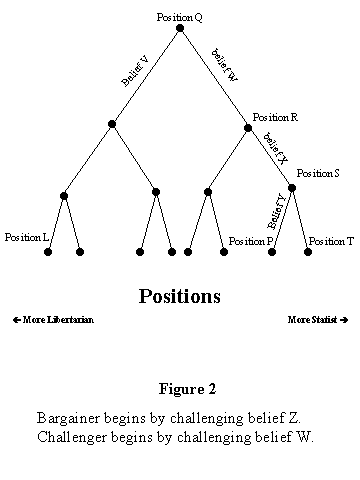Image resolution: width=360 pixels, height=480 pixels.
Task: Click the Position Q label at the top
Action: click(x=180, y=17)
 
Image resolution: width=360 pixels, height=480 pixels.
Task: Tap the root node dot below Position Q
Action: click(x=180, y=28)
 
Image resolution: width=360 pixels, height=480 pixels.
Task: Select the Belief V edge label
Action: click(x=135, y=71)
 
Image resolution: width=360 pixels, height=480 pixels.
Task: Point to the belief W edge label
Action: click(x=224, y=65)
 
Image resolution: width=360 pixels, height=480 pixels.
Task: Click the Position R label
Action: click(x=275, y=117)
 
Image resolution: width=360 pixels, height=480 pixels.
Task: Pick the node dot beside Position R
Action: click(x=248, y=126)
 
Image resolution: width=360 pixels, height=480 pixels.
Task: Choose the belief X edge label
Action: click(x=276, y=147)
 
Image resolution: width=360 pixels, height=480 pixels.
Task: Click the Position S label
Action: click(x=318, y=173)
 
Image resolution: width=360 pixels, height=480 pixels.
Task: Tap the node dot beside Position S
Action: click(x=292, y=187)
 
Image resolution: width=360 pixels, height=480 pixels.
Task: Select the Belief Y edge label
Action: click(x=278, y=211)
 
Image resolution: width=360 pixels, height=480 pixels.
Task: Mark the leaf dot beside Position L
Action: click(x=48, y=252)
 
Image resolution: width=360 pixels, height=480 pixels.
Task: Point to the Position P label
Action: click(x=251, y=241)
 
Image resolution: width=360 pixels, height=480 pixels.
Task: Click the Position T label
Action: click(x=329, y=241)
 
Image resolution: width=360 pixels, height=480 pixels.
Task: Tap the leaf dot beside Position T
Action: click(x=308, y=252)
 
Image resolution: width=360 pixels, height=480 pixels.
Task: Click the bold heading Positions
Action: click(x=179, y=297)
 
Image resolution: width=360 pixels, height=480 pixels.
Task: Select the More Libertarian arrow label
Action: click(x=53, y=320)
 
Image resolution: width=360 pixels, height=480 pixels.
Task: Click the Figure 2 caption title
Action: click(x=188, y=388)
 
